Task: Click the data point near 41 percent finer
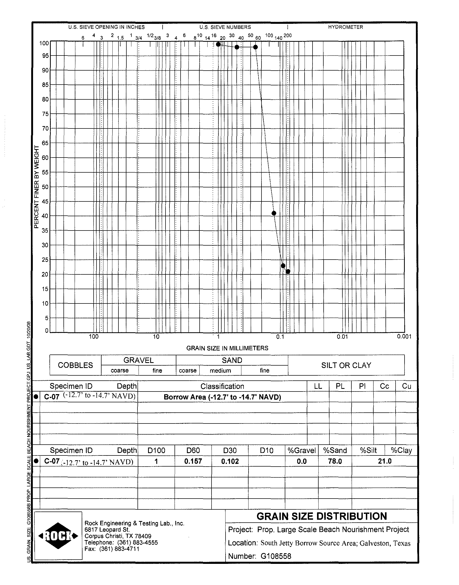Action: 274,213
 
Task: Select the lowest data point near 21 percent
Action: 288,272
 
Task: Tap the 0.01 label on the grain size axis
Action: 342,337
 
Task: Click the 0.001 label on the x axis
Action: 404,337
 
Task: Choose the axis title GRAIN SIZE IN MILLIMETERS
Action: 227,348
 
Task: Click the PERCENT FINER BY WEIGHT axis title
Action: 37,187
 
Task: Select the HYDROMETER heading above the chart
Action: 345,27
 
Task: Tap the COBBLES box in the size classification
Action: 75,365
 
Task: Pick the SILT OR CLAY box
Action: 346,365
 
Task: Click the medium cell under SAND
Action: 220,371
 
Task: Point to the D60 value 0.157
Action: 193,461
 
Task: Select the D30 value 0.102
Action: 230,461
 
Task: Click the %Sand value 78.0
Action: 335,461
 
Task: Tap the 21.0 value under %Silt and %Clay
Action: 384,461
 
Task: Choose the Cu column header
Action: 406,386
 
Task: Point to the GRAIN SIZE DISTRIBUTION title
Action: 322,517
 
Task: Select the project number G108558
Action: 276,556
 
